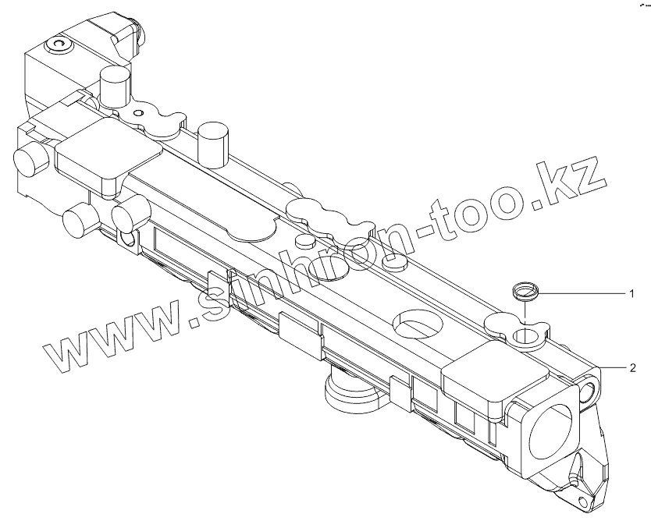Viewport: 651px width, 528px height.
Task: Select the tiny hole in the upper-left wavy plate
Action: [139, 114]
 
